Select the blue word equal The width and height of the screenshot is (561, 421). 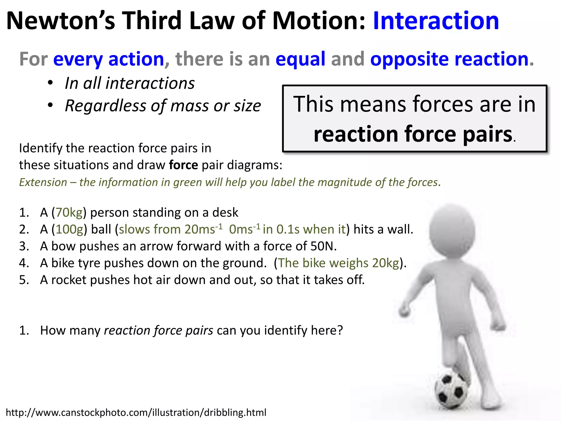pyautogui.click(x=300, y=59)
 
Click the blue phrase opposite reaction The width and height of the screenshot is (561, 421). pyautogui.click(x=449, y=59)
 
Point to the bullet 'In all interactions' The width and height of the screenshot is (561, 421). pyautogui.click(x=130, y=83)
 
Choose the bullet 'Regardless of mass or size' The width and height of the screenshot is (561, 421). pyautogui.click(x=163, y=106)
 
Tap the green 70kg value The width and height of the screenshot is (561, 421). pyautogui.click(x=69, y=213)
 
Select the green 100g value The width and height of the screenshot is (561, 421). pyautogui.click(x=70, y=230)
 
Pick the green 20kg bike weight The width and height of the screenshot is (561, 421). pyautogui.click(x=385, y=263)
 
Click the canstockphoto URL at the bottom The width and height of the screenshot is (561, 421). pyautogui.click(x=136, y=413)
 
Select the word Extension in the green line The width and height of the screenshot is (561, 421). pyautogui.click(x=43, y=183)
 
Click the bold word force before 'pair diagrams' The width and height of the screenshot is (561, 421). pyautogui.click(x=183, y=165)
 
